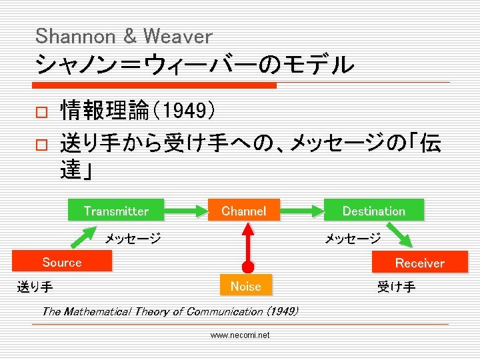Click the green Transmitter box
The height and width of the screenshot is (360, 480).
(116, 211)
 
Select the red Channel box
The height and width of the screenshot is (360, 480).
(244, 211)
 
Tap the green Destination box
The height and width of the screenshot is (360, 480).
(373, 211)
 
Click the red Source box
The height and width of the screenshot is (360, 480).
(61, 262)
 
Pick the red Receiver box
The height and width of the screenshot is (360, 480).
(419, 263)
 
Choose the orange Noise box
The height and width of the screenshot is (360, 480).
(245, 286)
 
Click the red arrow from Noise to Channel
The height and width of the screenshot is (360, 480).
(247, 240)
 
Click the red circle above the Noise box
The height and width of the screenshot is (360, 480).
(247, 267)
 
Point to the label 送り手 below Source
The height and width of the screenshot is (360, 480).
(35, 288)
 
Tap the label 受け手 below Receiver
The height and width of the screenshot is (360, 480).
(396, 287)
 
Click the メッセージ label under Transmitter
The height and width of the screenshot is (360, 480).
(133, 238)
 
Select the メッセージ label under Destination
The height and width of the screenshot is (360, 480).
(353, 238)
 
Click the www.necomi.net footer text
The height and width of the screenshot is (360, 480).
(240, 335)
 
